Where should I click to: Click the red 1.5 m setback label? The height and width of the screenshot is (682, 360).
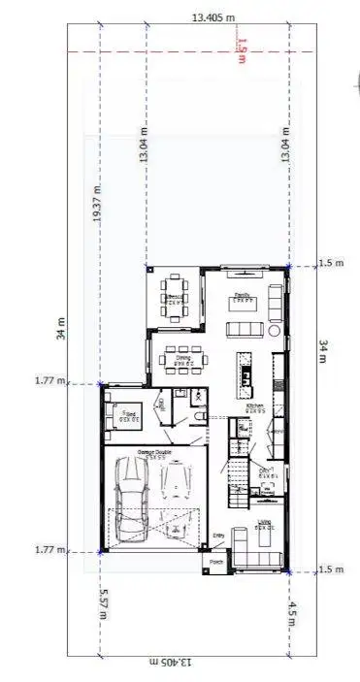(242, 47)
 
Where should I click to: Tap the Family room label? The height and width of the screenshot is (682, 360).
(242, 298)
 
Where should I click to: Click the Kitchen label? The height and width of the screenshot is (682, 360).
(254, 407)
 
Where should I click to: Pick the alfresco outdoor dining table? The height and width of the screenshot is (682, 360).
(175, 298)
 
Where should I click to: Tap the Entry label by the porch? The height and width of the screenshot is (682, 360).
(218, 536)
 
